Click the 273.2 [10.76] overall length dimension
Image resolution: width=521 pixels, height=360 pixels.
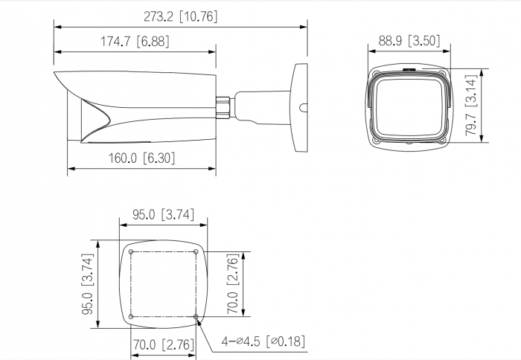pyautogui.click(x=180, y=16)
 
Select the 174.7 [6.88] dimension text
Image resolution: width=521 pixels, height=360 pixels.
pyautogui.click(x=135, y=42)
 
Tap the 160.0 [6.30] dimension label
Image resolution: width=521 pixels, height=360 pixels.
pyautogui.click(x=141, y=158)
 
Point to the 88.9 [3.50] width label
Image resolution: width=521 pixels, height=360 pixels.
pyautogui.click(x=409, y=41)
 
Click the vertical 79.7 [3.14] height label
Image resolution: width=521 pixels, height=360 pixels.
pyautogui.click(x=471, y=106)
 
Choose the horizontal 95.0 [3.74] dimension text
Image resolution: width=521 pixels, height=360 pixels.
pyautogui.click(x=163, y=214)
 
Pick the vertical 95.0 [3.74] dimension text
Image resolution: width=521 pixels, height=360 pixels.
pyautogui.click(x=88, y=285)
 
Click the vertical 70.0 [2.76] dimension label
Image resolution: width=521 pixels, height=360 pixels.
pyautogui.click(x=232, y=284)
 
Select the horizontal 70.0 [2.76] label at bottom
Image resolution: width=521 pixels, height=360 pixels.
pyautogui.click(x=164, y=344)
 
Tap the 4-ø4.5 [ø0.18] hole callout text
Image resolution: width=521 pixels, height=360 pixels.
pyautogui.click(x=263, y=341)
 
